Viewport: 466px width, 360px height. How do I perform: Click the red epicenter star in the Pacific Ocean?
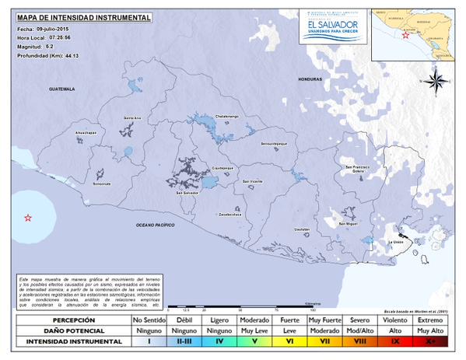click(x=28, y=218)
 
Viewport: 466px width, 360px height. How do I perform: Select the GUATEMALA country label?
click(x=60, y=89)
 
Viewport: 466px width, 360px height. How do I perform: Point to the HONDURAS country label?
click(x=309, y=80)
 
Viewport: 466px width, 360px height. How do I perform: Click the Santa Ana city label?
click(x=131, y=117)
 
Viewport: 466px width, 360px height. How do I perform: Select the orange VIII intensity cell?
click(x=359, y=341)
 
